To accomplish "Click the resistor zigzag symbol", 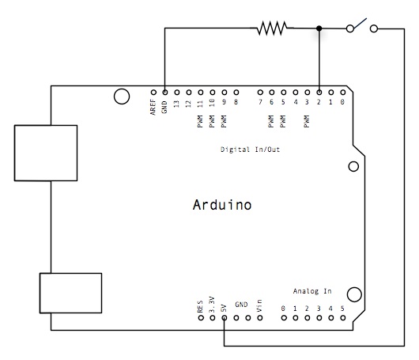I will click(271, 28).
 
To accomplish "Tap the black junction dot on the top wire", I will click(319, 28).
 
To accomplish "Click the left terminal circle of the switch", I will click(349, 28).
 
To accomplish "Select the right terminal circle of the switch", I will click(374, 28).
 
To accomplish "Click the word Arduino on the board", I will click(222, 205).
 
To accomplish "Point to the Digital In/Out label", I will click(250, 149).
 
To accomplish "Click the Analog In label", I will click(312, 290).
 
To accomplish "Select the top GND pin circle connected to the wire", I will click(164, 91).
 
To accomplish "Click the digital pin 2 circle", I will click(319, 91).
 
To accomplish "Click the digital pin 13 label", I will click(176, 104).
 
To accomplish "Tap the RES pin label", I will click(201, 305).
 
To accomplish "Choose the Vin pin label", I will click(259, 305).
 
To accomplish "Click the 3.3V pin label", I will click(213, 304).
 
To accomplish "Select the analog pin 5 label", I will click(342, 307).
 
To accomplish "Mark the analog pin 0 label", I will click(283, 307).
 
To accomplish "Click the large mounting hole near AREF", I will click(121, 97).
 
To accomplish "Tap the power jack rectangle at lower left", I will click(71, 294).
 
